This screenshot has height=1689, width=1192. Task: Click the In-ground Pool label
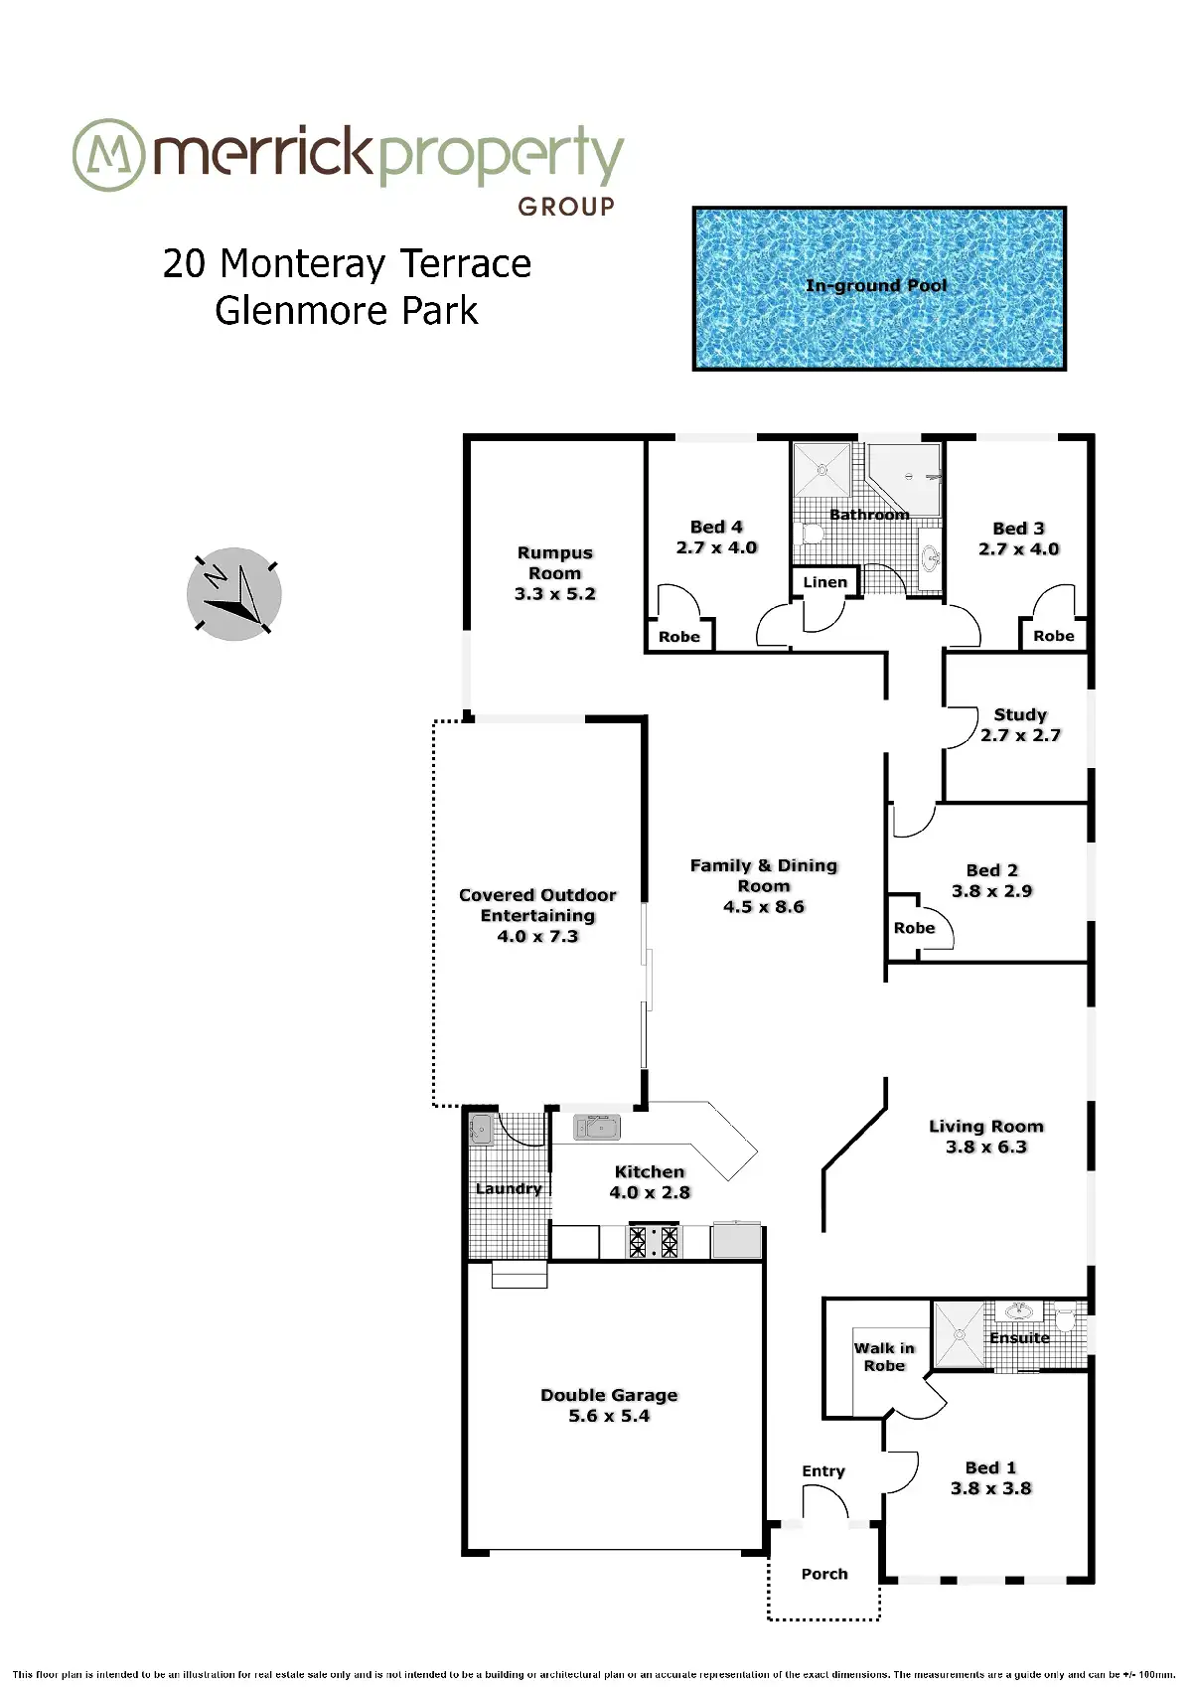875,286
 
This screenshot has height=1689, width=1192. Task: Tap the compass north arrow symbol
233,594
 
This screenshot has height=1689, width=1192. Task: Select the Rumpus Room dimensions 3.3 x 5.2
555,594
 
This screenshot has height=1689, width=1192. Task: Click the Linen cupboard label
824,582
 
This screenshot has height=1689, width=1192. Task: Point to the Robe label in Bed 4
679,637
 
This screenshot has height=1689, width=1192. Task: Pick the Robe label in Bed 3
1053,636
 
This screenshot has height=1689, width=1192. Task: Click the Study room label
1020,714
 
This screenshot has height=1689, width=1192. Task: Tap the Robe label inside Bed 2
914,928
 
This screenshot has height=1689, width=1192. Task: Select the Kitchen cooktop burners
654,1241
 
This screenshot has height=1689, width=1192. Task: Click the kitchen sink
597,1128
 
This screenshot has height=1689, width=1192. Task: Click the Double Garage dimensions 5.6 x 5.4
609,1416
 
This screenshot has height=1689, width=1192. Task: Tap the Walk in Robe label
884,1356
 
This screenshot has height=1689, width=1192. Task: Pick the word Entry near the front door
823,1471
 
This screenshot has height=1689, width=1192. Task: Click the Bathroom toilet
811,534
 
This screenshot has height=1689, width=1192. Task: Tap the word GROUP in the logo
566,207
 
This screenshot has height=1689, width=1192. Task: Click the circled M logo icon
108,155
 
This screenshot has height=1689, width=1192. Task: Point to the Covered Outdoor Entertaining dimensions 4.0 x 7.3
537,937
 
